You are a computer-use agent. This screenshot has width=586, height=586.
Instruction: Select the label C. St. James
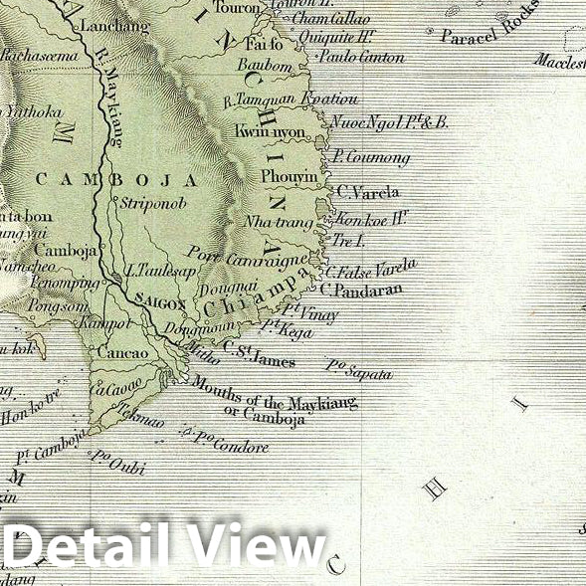pyautogui.click(x=259, y=354)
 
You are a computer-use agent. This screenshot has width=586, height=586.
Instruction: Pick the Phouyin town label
pyautogui.click(x=290, y=176)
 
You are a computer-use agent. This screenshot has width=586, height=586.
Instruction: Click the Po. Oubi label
pyautogui.click(x=112, y=460)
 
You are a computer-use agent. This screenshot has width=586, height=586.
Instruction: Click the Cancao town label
pyautogui.click(x=122, y=353)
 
